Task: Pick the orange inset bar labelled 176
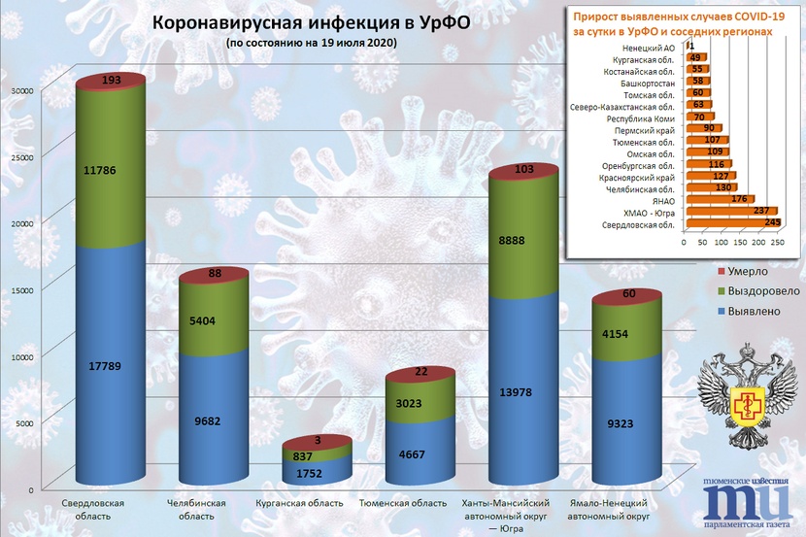(719, 200)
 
